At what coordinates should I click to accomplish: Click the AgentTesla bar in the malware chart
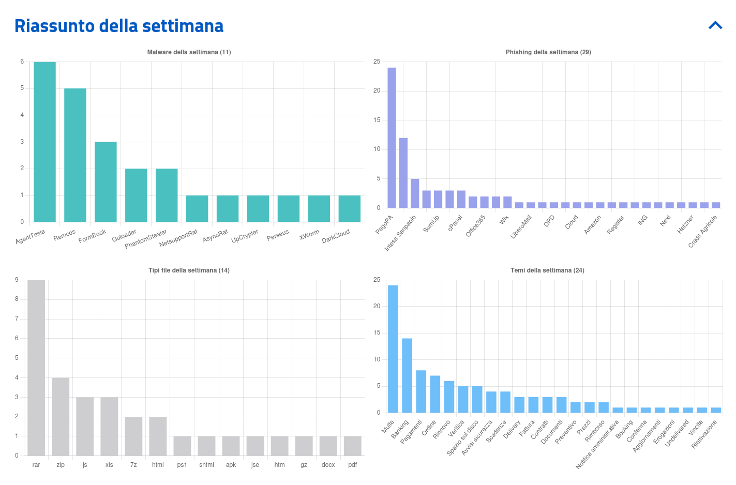[44, 142]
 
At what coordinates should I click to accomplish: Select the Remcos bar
[75, 155]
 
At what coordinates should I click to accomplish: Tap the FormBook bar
[106, 182]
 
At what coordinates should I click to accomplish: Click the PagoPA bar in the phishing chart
[392, 138]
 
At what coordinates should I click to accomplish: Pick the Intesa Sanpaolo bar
[403, 173]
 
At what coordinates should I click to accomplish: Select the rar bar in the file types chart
[36, 368]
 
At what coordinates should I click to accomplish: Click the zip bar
[61, 416]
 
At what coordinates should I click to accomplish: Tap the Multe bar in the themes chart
[393, 349]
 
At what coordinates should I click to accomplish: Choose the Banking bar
[407, 375]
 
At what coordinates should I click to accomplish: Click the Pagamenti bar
[421, 391]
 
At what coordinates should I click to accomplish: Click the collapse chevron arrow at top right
[715, 25]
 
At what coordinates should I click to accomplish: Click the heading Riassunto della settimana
[119, 26]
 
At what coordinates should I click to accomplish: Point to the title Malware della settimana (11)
[189, 52]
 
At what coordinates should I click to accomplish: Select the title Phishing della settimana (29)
[548, 52]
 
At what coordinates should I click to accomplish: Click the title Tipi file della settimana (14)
[189, 270]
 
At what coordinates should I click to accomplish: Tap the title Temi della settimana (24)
[547, 270]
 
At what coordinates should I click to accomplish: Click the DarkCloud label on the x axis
[336, 236]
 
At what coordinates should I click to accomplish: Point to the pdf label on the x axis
[352, 465]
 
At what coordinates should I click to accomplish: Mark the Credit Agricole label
[703, 232]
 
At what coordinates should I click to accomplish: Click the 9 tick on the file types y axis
[17, 280]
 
